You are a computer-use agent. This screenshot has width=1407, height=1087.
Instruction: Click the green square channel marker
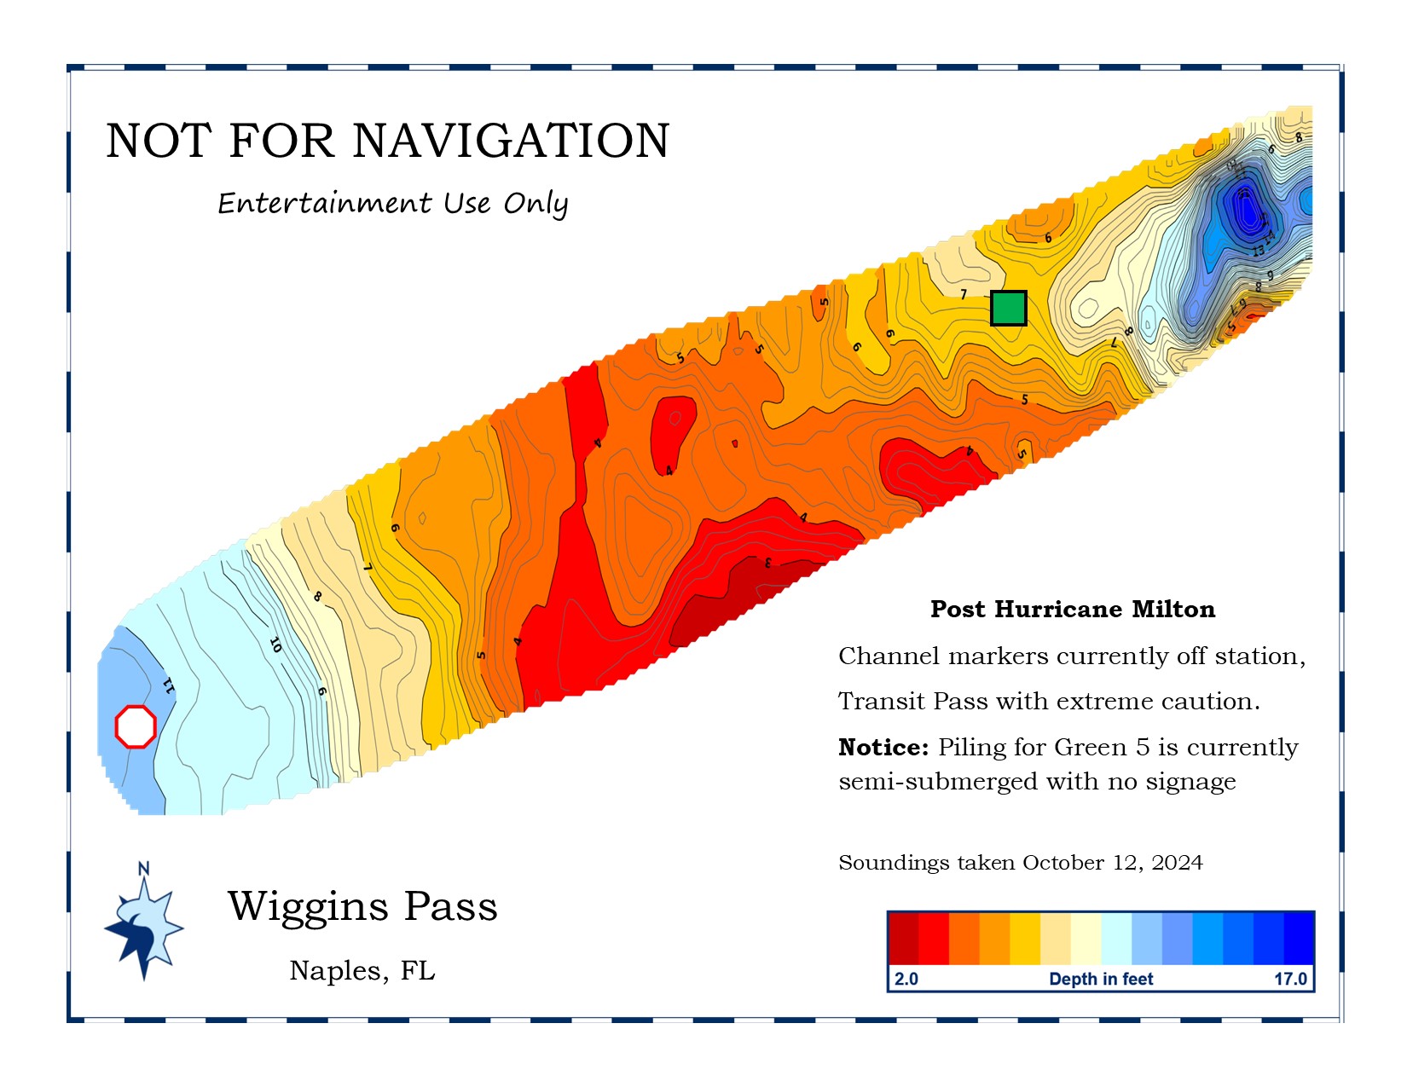[x=1008, y=308]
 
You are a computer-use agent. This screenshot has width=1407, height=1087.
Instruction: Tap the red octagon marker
[x=136, y=726]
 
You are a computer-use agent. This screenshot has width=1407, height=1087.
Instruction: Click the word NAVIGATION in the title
[x=511, y=141]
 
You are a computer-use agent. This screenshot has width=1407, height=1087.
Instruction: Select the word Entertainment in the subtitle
[x=324, y=203]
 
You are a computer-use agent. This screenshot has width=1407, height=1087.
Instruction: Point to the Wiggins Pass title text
[x=362, y=905]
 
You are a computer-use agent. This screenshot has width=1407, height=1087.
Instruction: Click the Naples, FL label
[x=362, y=970]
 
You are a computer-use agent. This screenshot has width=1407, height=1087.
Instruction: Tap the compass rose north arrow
[x=143, y=925]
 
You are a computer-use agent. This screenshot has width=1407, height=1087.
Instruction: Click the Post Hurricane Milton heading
[x=1073, y=609]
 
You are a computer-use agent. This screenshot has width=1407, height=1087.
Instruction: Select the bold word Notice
[x=883, y=748]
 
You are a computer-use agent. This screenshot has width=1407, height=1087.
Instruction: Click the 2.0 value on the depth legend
[x=906, y=979]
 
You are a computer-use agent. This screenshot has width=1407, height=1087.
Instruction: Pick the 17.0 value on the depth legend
[x=1290, y=979]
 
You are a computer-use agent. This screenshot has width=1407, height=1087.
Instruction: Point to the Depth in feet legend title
[x=1101, y=979]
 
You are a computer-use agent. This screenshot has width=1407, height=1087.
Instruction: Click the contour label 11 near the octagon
[x=168, y=685]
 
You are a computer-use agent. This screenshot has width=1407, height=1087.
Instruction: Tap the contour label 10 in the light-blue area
[x=275, y=645]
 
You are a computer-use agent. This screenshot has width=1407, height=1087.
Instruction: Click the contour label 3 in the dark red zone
[x=767, y=563]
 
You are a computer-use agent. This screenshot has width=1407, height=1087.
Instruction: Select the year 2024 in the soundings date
[x=1177, y=863]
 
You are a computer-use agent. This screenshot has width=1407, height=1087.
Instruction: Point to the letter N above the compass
[x=143, y=869]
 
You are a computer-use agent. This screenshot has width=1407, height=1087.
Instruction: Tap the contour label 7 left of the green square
[x=964, y=295]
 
